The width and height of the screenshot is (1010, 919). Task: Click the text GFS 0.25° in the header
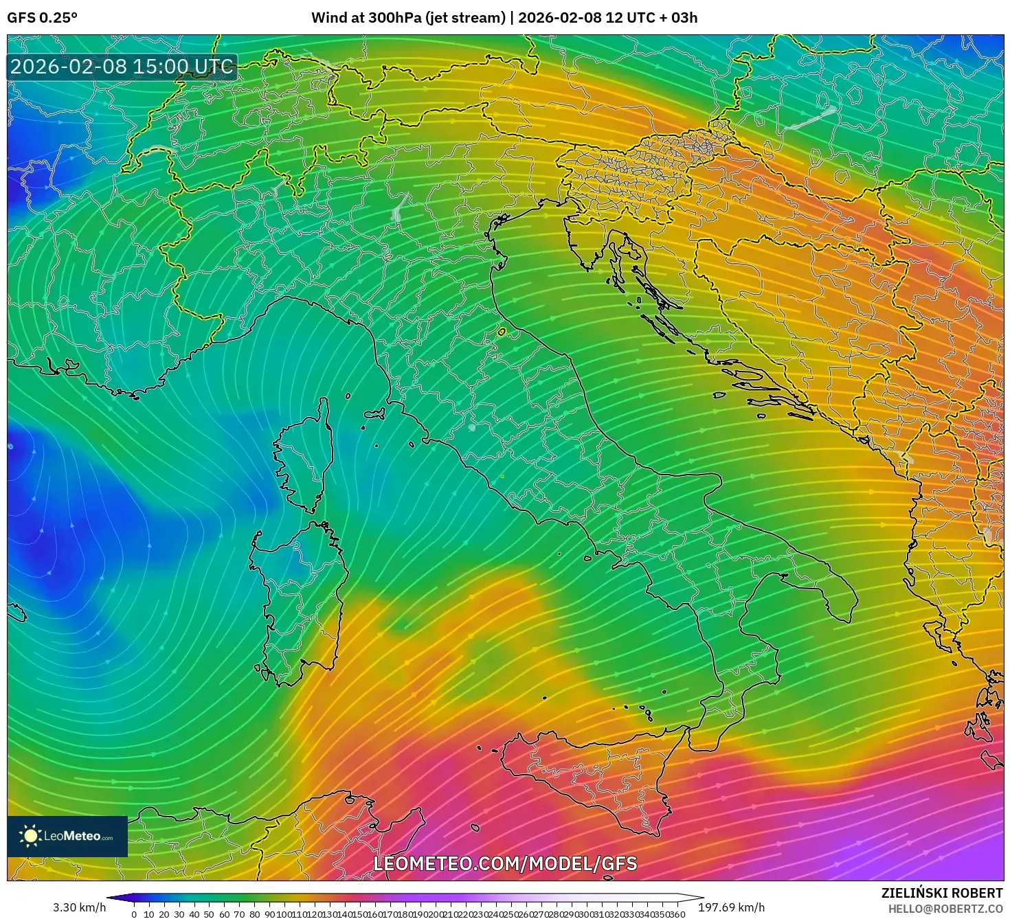(42, 18)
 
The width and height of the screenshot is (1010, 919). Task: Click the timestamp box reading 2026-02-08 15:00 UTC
(122, 67)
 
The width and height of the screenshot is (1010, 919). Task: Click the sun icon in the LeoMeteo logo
(30, 836)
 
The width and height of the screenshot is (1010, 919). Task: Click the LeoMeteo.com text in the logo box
(78, 837)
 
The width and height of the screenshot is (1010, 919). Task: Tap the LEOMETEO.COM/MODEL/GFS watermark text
(505, 863)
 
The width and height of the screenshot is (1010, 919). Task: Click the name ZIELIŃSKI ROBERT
(942, 893)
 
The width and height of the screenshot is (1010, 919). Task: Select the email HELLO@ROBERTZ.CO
(945, 909)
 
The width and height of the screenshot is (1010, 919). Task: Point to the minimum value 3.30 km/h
(80, 907)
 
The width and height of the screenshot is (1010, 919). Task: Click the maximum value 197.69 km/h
(731, 907)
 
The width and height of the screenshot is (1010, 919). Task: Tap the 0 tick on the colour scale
(134, 914)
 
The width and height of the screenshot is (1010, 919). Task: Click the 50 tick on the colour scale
(209, 914)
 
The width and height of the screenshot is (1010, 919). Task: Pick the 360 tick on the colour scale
(677, 914)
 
